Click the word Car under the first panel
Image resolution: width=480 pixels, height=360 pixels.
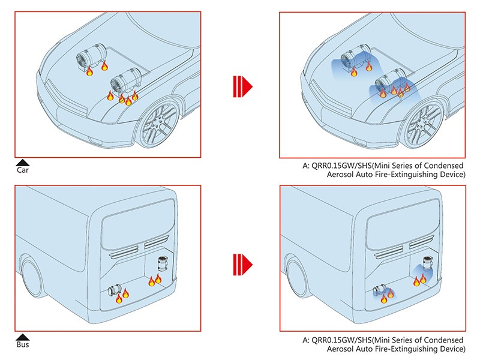(x=23, y=170)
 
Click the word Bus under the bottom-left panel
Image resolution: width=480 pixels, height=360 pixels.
(x=23, y=344)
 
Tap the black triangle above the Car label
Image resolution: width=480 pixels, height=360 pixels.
(x=23, y=163)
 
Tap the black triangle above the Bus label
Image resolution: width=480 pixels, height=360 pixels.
(x=23, y=337)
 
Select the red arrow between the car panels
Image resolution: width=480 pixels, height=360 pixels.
(x=242, y=86)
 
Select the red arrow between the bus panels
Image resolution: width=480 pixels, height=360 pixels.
(x=242, y=265)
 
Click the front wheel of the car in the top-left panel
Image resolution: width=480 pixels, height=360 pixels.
(x=159, y=125)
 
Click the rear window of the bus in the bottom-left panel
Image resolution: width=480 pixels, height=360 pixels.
(x=139, y=223)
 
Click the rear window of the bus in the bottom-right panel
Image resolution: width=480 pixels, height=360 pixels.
(x=404, y=223)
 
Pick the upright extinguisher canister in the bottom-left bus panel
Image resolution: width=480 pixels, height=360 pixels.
(x=163, y=263)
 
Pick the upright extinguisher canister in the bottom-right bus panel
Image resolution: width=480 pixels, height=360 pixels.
(x=428, y=263)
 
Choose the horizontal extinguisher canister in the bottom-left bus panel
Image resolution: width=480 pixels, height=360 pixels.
(x=115, y=290)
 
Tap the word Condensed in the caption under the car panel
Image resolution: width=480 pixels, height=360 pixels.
(x=444, y=166)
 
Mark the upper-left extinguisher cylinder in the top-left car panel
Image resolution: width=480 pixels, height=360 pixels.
(x=91, y=57)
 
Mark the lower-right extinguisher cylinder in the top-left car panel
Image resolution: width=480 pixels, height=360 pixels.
(x=125, y=80)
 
